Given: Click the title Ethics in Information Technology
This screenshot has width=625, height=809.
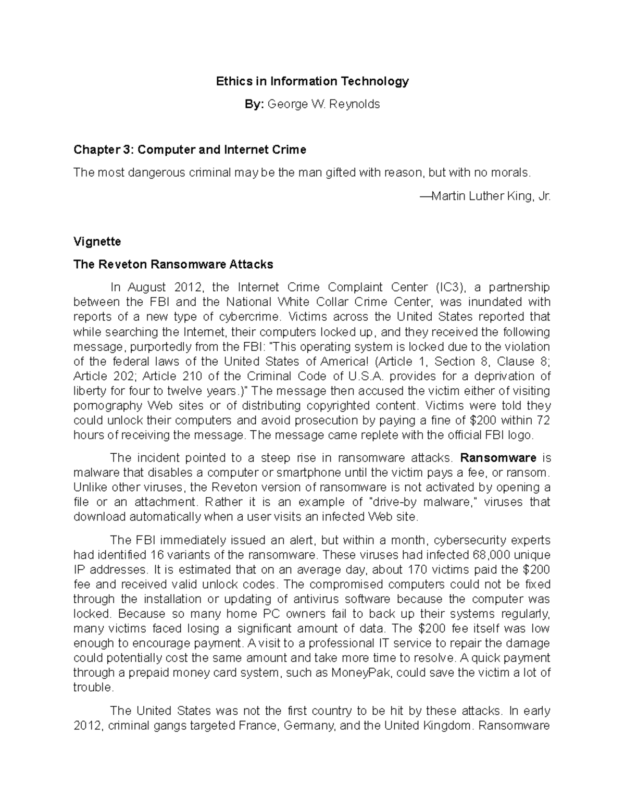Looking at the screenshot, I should click(312, 81).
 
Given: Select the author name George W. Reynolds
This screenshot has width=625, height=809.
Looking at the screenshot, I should click(323, 104).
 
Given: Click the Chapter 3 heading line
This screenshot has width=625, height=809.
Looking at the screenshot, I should click(190, 150).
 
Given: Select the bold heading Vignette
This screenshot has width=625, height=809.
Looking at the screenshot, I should click(97, 242).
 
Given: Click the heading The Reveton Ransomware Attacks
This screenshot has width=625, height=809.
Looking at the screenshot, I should click(173, 265).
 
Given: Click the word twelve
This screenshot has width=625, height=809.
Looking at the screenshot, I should click(185, 391).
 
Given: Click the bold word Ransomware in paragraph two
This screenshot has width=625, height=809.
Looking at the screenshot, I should click(498, 458).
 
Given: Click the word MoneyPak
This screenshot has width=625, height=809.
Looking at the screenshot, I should click(368, 673).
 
